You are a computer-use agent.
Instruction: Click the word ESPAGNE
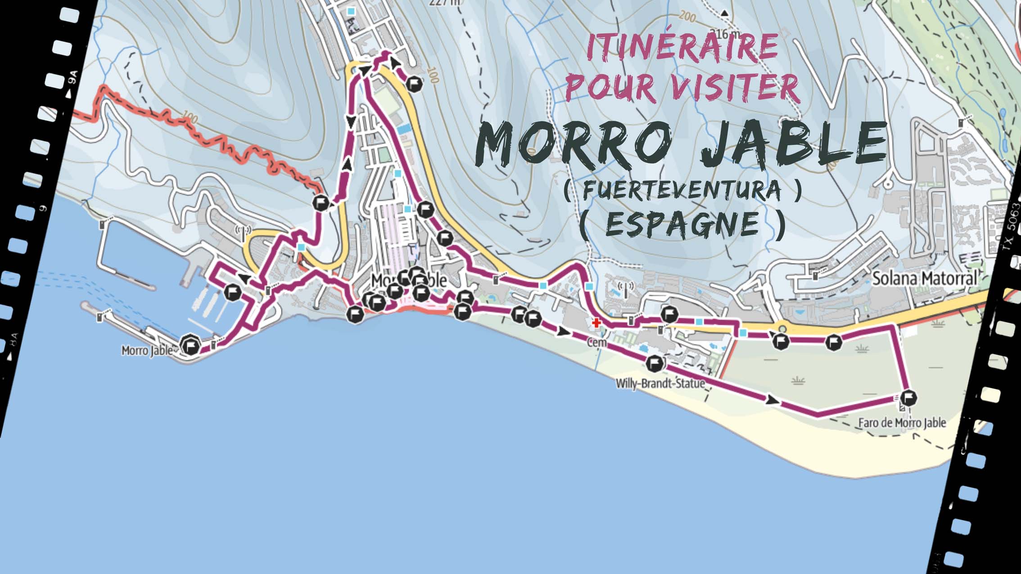click(682, 224)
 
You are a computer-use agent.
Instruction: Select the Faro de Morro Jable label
click(902, 423)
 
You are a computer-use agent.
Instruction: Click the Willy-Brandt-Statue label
click(660, 383)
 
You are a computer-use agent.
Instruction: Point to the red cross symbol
click(596, 323)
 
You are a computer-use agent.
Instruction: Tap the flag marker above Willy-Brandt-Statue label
click(654, 363)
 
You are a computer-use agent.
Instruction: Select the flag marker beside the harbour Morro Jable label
click(191, 346)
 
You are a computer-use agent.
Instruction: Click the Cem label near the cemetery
click(597, 343)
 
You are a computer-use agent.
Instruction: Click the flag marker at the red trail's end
click(320, 203)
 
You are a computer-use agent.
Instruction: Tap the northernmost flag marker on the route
click(414, 83)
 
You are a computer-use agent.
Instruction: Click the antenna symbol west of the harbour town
click(243, 231)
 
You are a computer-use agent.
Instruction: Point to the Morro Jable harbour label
click(147, 350)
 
